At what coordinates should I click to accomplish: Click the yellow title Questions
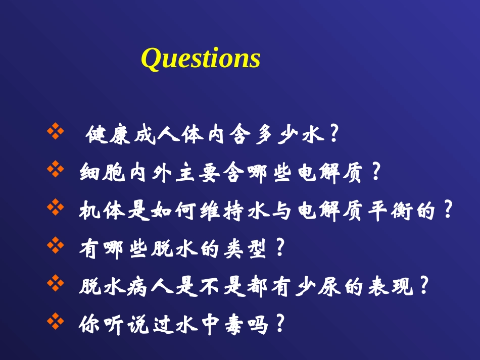pyautogui.click(x=201, y=59)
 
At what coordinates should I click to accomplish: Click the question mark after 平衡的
pyautogui.click(x=446, y=210)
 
